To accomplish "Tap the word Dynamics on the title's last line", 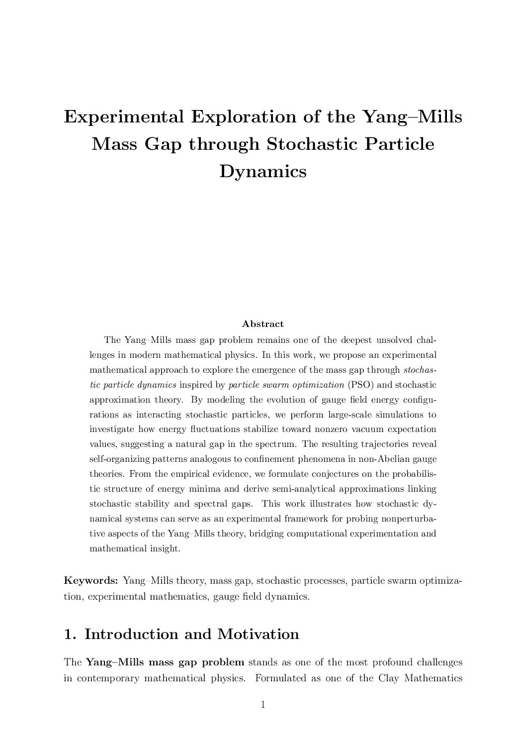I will point(263,172).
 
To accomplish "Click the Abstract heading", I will point(263,324).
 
